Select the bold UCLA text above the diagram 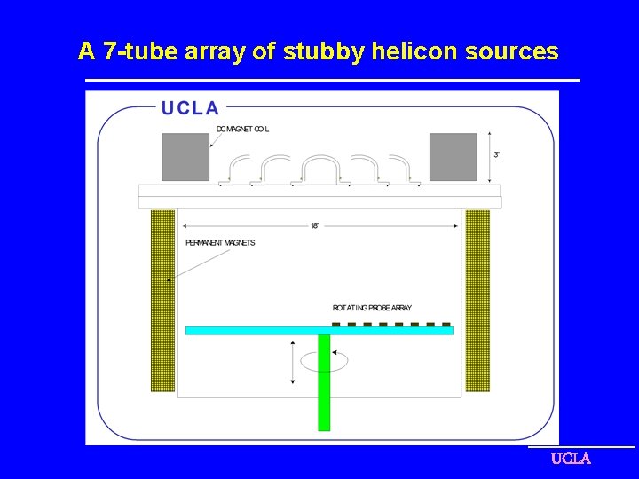point(190,108)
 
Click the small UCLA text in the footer point(571,459)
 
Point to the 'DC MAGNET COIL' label point(242,130)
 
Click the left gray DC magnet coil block point(185,157)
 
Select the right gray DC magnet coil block point(453,157)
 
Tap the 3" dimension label point(497,154)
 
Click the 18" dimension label point(315,226)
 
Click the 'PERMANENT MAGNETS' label point(220,243)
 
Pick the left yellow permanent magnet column point(162,300)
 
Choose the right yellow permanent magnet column point(477,300)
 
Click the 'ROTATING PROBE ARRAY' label point(372,308)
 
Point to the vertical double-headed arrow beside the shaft point(293,361)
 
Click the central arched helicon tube point(320,169)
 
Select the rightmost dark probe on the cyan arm point(446,325)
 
